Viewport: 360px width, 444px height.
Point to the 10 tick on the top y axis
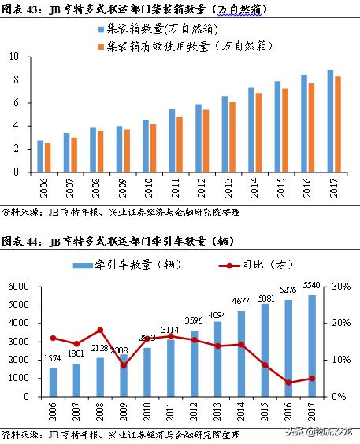(16, 57)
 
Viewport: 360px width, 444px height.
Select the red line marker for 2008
(98, 330)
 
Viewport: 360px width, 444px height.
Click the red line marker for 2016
(288, 383)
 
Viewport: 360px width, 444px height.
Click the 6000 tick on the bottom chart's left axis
(19, 287)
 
